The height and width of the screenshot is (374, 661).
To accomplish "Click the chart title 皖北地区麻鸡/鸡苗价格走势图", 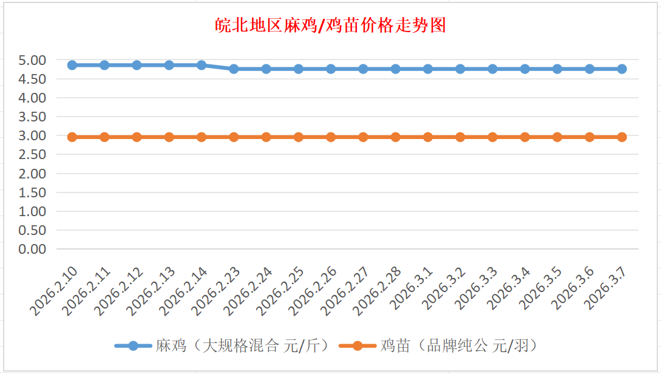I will click(331, 25).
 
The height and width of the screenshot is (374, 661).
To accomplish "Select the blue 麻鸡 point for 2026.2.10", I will click(72, 65).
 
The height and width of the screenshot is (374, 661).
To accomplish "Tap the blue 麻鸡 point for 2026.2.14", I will click(202, 65).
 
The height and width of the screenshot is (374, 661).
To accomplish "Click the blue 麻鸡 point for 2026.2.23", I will click(234, 69).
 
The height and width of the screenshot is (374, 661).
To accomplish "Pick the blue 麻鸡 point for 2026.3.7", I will click(622, 69).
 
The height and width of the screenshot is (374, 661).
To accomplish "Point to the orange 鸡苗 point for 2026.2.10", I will click(72, 137).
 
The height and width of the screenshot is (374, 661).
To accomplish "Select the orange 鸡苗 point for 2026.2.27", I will click(363, 137).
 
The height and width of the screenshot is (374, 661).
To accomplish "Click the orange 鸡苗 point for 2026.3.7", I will click(622, 137).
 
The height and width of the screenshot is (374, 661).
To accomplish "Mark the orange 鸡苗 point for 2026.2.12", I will click(137, 137).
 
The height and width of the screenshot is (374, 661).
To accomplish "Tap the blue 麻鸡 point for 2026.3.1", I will click(428, 69).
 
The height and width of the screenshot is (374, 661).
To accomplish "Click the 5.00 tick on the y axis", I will click(32, 60).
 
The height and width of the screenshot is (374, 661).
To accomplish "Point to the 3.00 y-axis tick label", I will click(32, 135).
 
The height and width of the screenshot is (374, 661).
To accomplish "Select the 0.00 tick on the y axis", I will click(32, 249).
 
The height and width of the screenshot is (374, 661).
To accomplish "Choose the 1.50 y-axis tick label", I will click(32, 192).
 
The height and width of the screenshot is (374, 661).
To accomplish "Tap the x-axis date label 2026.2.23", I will click(217, 290).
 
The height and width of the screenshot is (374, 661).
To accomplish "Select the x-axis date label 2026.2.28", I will click(379, 290).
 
